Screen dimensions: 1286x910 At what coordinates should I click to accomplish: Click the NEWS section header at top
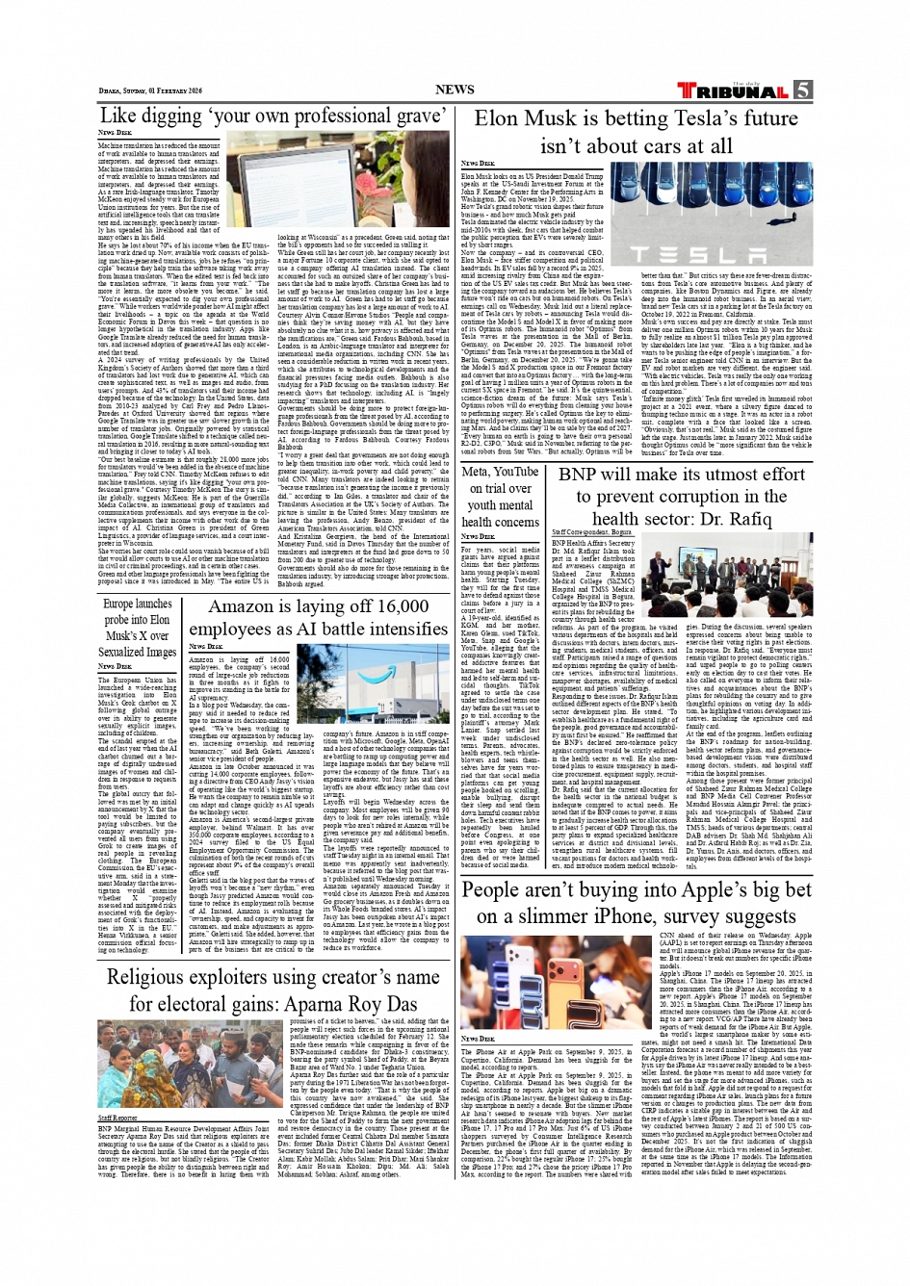[x=455, y=90]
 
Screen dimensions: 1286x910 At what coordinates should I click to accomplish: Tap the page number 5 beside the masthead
[x=802, y=90]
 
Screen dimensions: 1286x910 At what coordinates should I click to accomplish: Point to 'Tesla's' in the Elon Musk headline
[x=703, y=119]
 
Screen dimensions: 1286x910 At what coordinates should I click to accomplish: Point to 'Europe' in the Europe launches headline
[x=122, y=604]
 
